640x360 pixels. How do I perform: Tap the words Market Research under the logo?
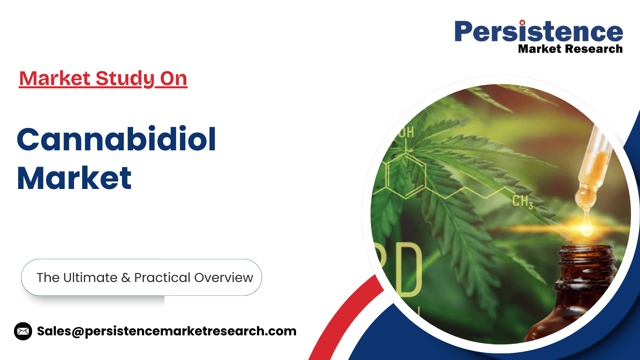click(x=570, y=49)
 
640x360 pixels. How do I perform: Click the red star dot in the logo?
click(x=522, y=23)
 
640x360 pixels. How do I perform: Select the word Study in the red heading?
click(x=125, y=79)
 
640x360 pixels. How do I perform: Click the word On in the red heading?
click(x=173, y=78)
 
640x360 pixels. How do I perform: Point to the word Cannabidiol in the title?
click(x=116, y=139)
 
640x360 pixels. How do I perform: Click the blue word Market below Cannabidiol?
click(x=74, y=178)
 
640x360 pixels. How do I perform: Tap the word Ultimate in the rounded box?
click(x=90, y=277)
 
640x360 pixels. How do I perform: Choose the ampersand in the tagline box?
click(x=126, y=278)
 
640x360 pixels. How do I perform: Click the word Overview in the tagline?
click(x=224, y=278)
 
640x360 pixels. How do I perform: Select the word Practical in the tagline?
click(x=162, y=278)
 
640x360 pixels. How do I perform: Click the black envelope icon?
click(x=23, y=331)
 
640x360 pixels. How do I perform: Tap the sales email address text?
click(x=167, y=331)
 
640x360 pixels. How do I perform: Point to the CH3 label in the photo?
click(x=523, y=201)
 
